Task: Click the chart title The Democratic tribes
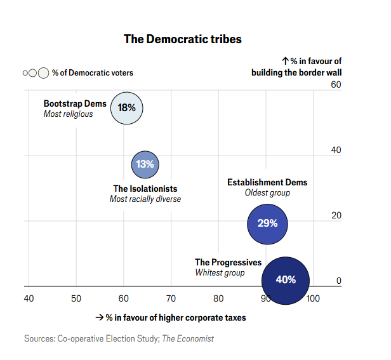tap(182, 39)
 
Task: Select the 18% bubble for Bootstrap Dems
tap(127, 107)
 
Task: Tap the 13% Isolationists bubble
tap(145, 164)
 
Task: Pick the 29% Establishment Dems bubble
tap(267, 223)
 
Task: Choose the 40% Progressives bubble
tap(286, 279)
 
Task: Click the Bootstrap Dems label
tap(75, 103)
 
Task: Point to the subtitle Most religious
tap(68, 114)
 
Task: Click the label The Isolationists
tap(145, 189)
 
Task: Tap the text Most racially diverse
tap(145, 199)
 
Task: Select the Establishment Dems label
tap(267, 182)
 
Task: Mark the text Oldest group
tap(267, 193)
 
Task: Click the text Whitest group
tap(220, 273)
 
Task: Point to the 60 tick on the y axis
tap(336, 85)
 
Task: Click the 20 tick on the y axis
tap(336, 215)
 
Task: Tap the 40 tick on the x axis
tap(29, 298)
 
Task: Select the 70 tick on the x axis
tap(171, 298)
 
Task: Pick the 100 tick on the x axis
tap(313, 298)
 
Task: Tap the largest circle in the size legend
tap(43, 73)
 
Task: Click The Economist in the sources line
tap(188, 338)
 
